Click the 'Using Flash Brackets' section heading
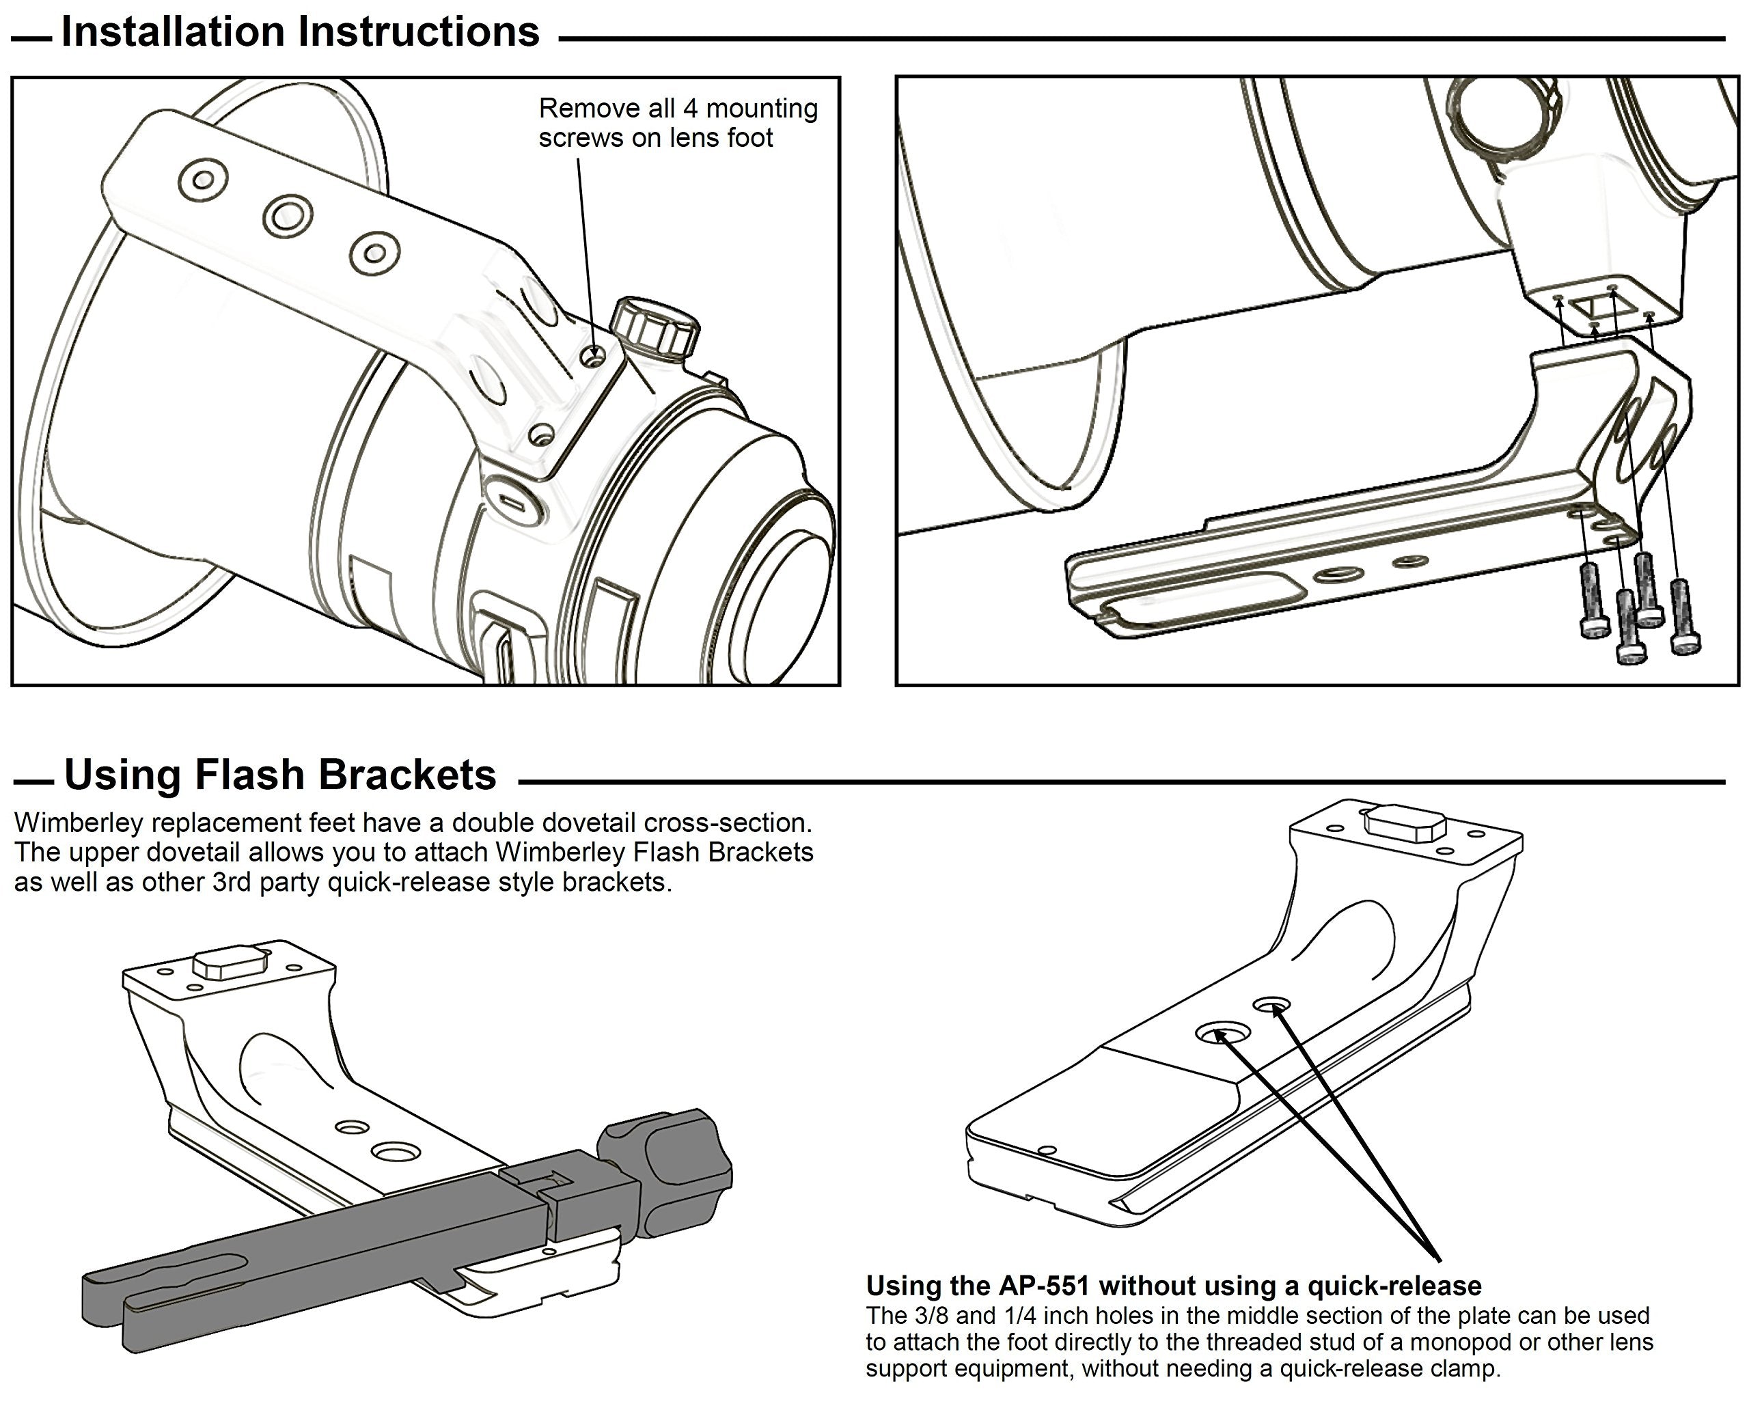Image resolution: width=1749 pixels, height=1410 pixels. click(280, 775)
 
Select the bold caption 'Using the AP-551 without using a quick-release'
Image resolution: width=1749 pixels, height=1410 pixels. click(1173, 1286)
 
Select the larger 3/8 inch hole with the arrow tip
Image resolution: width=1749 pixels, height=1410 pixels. click(1220, 1033)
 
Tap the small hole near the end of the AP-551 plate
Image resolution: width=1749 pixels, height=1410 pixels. click(1047, 1150)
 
